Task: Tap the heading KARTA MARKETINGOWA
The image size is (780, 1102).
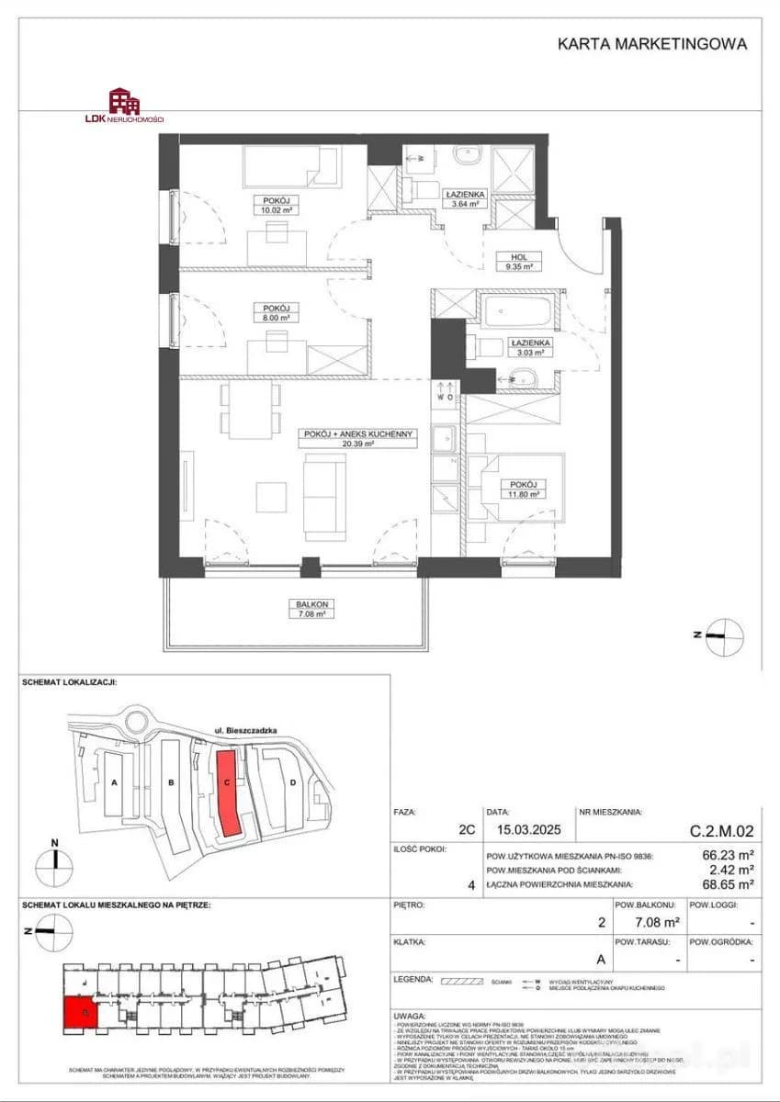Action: click(652, 43)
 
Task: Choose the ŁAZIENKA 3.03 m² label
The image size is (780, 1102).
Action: click(528, 346)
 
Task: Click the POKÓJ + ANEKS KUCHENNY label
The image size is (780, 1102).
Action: click(359, 437)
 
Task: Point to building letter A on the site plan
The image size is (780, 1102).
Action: click(115, 783)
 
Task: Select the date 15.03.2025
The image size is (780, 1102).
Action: click(518, 832)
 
